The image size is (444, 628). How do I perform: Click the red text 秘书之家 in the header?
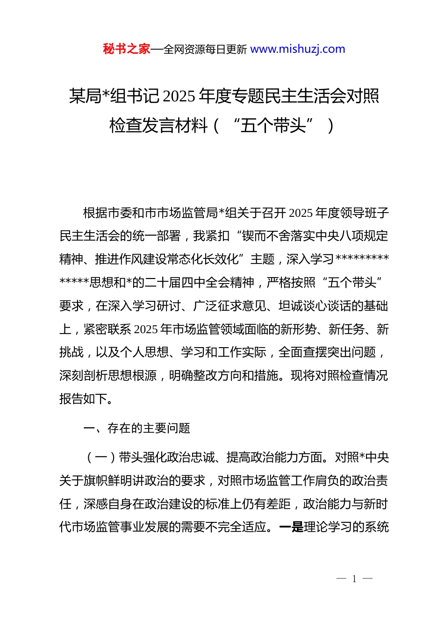coord(127,49)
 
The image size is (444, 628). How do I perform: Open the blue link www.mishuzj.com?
coord(298,49)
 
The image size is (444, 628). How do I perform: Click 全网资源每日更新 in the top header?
coord(205,50)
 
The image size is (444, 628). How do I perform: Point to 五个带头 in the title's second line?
coord(273,125)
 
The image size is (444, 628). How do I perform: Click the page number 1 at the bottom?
coord(354,579)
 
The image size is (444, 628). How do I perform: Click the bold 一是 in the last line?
coord(291,527)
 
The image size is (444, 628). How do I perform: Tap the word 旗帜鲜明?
coord(108,480)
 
